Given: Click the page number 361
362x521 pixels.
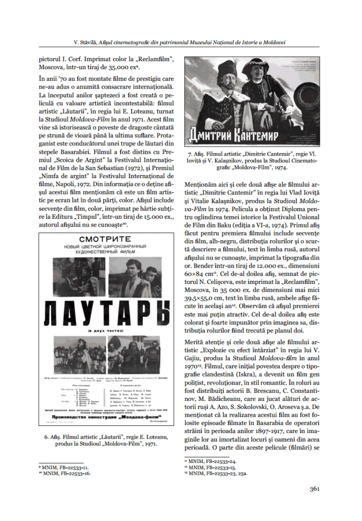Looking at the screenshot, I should click(x=314, y=489).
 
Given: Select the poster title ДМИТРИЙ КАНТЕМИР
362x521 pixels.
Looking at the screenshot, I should click(x=238, y=136).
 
